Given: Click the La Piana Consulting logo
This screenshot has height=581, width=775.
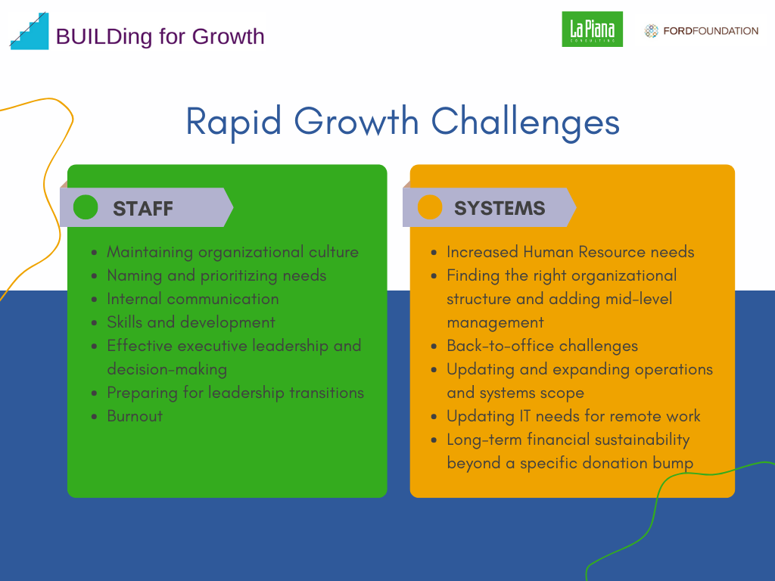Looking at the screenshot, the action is point(592,30).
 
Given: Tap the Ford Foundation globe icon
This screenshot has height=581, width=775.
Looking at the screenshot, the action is point(652,31).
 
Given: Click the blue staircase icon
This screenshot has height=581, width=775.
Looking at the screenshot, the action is point(30,31).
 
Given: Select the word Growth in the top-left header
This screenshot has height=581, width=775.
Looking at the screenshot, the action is point(228,36).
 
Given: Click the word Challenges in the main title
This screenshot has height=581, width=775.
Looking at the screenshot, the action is point(525,122).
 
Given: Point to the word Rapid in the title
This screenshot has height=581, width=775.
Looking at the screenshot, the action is point(234,122).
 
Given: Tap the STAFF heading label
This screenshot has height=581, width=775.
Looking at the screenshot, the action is point(143,209).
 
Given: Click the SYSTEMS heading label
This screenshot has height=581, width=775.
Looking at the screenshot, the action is point(500,208).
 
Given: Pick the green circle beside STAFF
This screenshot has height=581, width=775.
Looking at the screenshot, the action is point(86,207).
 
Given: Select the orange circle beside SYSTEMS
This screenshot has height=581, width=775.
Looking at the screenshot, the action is point(430,207).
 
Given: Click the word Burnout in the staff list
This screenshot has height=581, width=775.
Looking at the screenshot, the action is point(135,416).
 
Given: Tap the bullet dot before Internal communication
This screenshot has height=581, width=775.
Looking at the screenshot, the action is point(95,300).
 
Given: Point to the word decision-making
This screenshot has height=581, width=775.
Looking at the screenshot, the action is point(167,369).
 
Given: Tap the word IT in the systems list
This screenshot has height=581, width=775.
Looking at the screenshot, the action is point(524,416).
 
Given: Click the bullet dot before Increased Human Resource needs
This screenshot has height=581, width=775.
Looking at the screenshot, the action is point(434,253).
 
